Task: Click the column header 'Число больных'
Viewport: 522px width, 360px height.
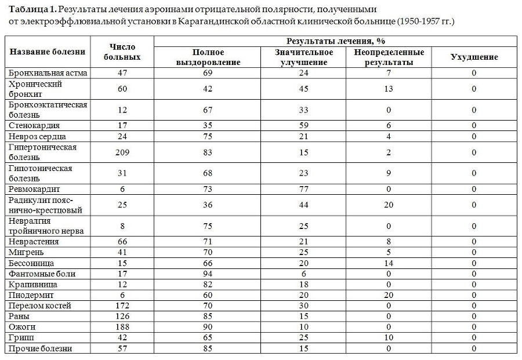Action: [122, 52]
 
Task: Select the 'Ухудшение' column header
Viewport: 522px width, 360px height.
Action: [474, 57]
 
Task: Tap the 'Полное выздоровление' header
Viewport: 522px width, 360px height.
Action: [208, 57]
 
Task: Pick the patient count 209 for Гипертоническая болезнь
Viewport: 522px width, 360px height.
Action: [122, 152]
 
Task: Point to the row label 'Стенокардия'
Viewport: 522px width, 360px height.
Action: [34, 125]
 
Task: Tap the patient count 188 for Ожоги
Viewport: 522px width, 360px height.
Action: [122, 327]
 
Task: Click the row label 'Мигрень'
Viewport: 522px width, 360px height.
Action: [27, 252]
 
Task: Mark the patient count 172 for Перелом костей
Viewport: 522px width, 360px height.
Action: [122, 306]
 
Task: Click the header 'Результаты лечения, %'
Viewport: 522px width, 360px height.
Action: [336, 41]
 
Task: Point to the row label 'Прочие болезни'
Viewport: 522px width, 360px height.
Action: [41, 348]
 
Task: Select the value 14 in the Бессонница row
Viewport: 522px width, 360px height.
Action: [389, 263]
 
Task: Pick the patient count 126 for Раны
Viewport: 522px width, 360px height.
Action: [122, 317]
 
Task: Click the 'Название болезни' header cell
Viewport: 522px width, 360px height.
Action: [48, 52]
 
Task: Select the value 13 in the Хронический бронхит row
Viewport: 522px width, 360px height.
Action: [389, 89]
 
